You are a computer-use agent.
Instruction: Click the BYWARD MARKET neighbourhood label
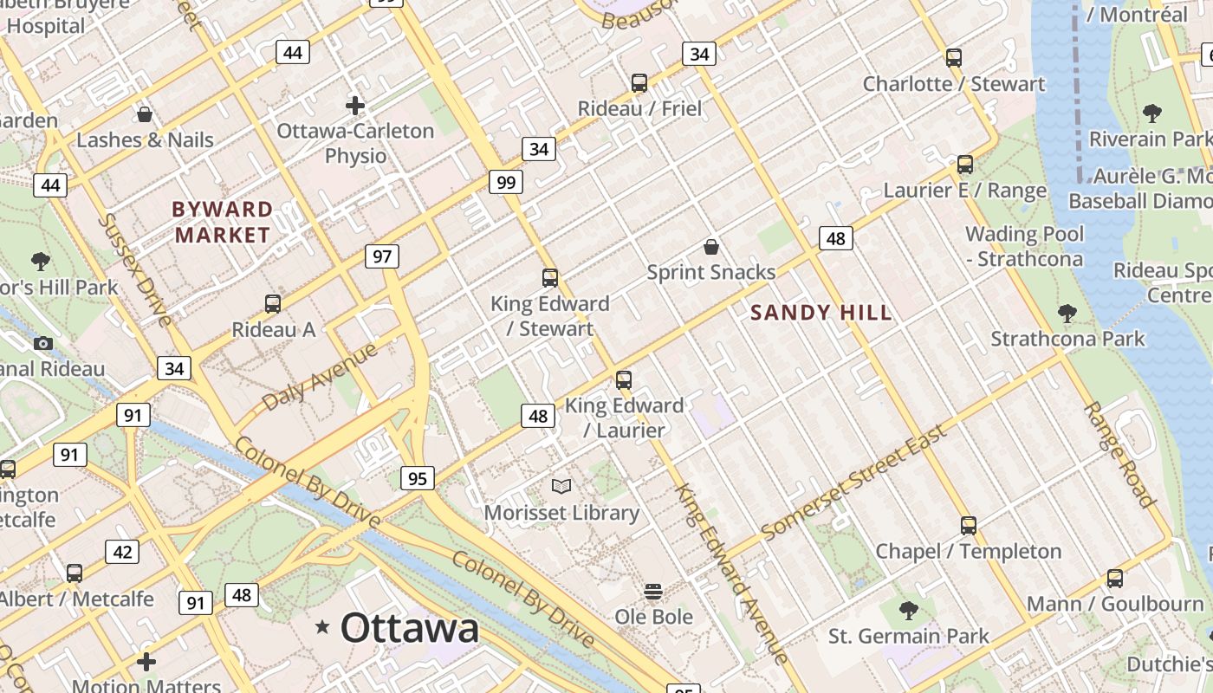coord(222,222)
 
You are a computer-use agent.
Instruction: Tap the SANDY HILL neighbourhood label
coord(821,313)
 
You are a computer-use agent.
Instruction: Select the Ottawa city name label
coord(409,628)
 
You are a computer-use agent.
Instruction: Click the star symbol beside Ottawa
coord(323,626)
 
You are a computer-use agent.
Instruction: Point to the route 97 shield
coord(382,256)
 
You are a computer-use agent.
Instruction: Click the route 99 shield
coord(506,182)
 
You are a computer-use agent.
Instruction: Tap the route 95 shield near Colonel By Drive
coord(418,478)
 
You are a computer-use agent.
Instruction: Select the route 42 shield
coord(122,552)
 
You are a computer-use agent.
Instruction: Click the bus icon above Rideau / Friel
coord(639,83)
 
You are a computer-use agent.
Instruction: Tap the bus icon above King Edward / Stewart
coord(550,278)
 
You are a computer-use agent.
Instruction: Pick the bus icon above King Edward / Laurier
coord(624,379)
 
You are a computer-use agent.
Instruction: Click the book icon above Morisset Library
coord(561,486)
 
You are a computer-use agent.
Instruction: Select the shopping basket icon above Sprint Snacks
coord(711,247)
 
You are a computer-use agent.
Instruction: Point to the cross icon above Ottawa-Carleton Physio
coord(355,106)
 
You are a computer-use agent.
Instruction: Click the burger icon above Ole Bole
coord(654,592)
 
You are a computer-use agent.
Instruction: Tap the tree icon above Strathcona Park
coord(1067,314)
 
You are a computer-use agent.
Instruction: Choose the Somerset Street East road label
coord(853,482)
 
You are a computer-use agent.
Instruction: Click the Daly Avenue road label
coord(320,377)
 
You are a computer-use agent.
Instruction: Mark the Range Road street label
coord(1119,455)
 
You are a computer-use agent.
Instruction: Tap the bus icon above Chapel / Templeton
coord(969,525)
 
